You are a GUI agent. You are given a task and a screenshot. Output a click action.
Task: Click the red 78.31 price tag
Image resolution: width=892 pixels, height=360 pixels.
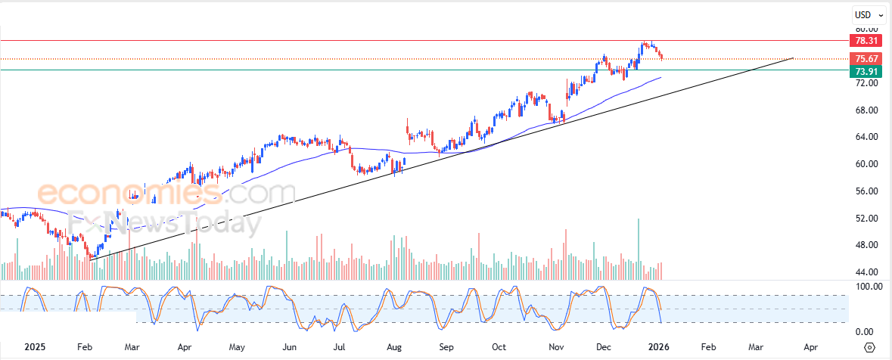866,41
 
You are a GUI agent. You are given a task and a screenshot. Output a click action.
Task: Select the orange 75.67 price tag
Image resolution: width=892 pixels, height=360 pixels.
866,59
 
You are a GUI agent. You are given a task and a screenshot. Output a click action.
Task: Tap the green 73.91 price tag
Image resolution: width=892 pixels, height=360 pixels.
866,71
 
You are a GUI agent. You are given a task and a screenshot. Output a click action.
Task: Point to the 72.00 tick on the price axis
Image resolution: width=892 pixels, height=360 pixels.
866,83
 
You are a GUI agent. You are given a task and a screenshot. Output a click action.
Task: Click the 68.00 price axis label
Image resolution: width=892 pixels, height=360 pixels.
866,110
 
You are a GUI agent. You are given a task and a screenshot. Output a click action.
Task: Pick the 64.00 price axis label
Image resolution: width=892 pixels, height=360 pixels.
866,137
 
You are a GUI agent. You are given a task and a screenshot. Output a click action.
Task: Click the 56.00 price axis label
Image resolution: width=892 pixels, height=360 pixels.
866,191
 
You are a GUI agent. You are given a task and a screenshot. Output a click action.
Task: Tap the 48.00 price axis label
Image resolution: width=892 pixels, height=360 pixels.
866,245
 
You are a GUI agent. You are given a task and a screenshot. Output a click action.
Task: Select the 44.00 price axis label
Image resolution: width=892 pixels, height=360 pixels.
866,272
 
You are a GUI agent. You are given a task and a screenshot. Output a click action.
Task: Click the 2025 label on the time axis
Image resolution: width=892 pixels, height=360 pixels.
35,347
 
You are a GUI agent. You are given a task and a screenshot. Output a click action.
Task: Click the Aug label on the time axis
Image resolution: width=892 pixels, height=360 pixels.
394,347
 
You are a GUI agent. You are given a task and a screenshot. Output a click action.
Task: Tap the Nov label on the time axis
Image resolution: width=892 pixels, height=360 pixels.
556,347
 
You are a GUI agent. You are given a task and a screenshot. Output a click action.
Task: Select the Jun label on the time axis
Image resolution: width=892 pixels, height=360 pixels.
288,347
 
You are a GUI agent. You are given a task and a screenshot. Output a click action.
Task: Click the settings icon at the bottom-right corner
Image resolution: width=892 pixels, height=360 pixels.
869,347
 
